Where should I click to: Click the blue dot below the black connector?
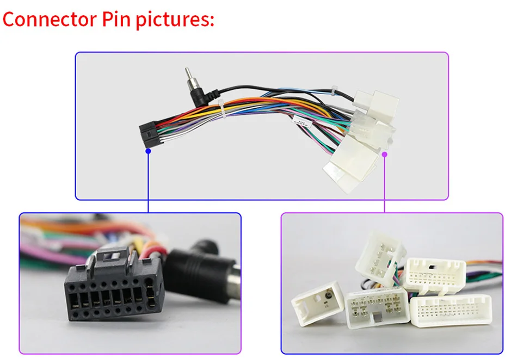[148, 152]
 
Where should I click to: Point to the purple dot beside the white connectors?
[385, 154]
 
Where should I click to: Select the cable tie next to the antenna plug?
[221, 109]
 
